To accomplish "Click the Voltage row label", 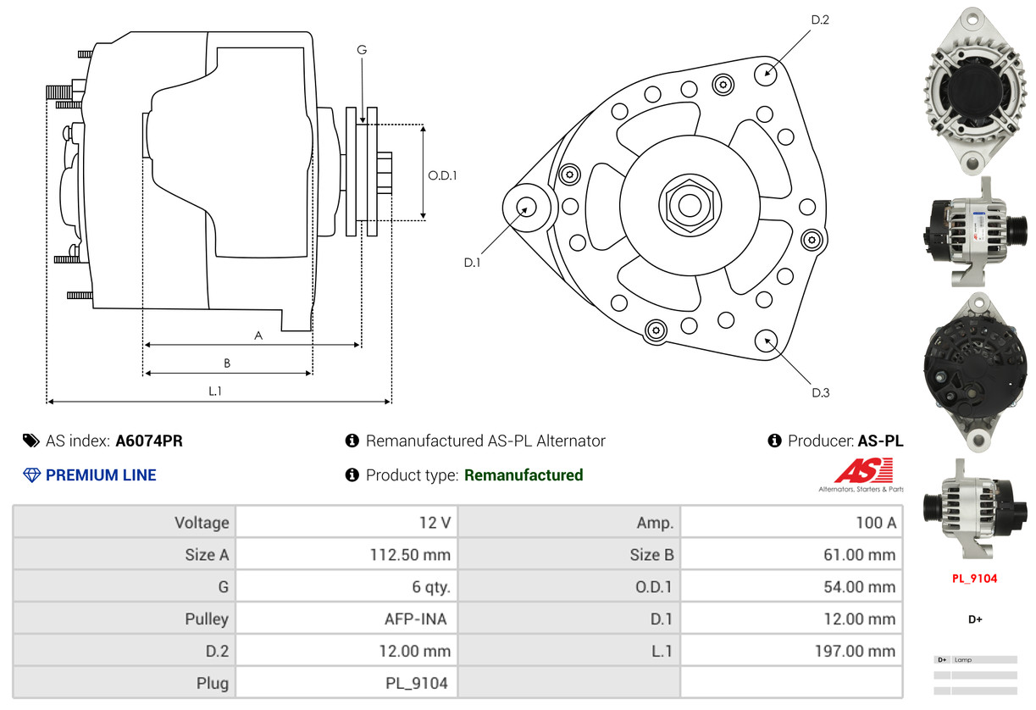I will [x=202, y=522].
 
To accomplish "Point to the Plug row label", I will [x=211, y=682].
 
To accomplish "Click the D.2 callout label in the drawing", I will [x=820, y=19].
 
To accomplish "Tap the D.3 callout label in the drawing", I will [x=820, y=392].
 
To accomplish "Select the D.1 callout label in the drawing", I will [x=472, y=263].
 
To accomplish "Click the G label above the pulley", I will [x=362, y=50].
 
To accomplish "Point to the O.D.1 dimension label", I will [x=442, y=175].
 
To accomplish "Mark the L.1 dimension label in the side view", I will [x=215, y=391].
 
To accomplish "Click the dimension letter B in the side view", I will [x=227, y=363].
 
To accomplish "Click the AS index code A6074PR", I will [x=149, y=441].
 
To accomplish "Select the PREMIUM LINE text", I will [x=101, y=475].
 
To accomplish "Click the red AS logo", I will [x=863, y=471].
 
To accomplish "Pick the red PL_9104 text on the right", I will [x=974, y=579].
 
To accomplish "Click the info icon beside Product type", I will [x=352, y=475].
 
